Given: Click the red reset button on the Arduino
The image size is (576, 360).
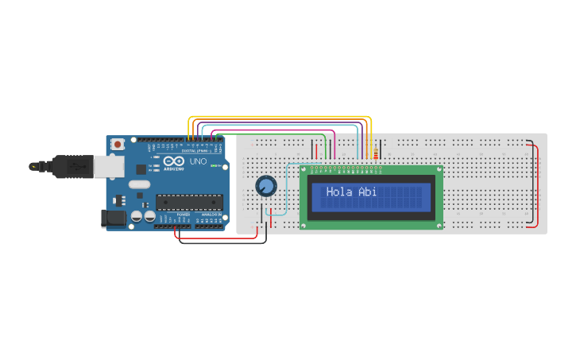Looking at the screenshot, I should tap(118, 144).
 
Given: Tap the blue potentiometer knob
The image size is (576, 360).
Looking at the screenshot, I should tap(265, 186).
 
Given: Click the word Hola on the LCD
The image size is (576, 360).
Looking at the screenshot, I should tap(339, 192).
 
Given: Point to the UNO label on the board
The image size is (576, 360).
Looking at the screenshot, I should tap(198, 161).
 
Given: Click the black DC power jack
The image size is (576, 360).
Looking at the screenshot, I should tap(114, 218).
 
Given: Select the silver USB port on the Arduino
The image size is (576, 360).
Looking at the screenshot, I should tap(109, 165).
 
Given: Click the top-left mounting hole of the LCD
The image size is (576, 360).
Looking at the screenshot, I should tap(303, 169).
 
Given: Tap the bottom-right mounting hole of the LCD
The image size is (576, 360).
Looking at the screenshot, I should tap(439, 226).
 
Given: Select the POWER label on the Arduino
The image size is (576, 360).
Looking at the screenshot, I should tap(183, 215).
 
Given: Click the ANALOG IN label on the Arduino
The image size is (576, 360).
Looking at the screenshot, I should tap(211, 215).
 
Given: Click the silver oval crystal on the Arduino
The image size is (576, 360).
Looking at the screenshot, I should tap(139, 184).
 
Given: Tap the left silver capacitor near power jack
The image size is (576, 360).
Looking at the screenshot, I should tap(137, 215).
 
